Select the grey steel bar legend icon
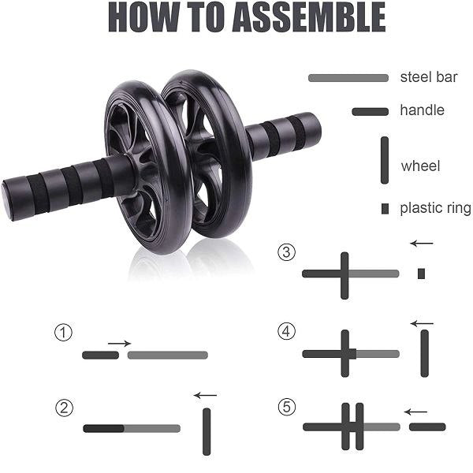click(x=348, y=78)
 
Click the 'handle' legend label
click(x=422, y=110)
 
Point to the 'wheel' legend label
click(x=420, y=166)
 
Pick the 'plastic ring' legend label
click(x=435, y=208)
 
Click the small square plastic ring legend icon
click(x=385, y=209)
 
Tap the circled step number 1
click(x=63, y=333)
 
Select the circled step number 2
click(x=65, y=408)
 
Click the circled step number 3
click(x=286, y=253)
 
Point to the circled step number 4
click(x=286, y=332)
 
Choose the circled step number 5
click(x=287, y=407)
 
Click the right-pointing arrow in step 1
click(x=119, y=343)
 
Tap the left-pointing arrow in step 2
click(x=205, y=395)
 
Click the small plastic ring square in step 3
click(x=422, y=274)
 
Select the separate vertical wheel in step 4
click(x=425, y=352)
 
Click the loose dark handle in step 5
click(x=427, y=426)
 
